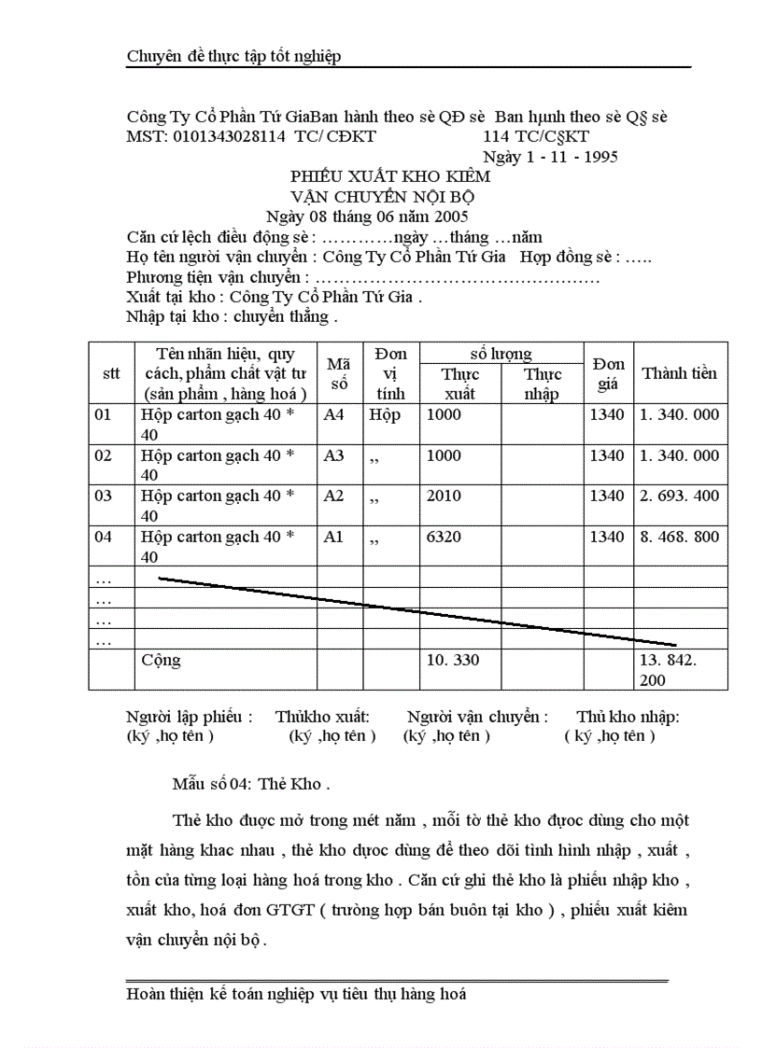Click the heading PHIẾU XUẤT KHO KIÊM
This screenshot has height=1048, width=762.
pos(390,175)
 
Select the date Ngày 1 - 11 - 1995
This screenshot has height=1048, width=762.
pos(550,157)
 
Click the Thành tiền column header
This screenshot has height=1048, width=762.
pos(679,373)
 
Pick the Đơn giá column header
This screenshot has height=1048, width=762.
pos(608,373)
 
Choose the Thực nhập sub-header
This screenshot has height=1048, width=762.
pos(542,384)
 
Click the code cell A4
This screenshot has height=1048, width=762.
pos(333,414)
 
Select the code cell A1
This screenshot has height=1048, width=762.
pos(333,537)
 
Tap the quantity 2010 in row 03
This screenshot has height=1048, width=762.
pos(444,496)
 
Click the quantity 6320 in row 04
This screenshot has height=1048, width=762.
pos(444,537)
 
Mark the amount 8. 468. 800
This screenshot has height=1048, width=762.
pos(679,537)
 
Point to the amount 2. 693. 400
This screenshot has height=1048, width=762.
pos(679,496)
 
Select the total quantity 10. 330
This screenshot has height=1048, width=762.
pos(452,660)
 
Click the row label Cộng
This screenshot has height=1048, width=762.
pos(161,660)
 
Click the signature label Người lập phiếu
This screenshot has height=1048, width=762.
pos(189,717)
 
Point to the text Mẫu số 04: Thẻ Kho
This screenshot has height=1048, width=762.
pos(251,783)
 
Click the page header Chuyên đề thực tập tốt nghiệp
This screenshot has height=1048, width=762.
pos(233,56)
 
